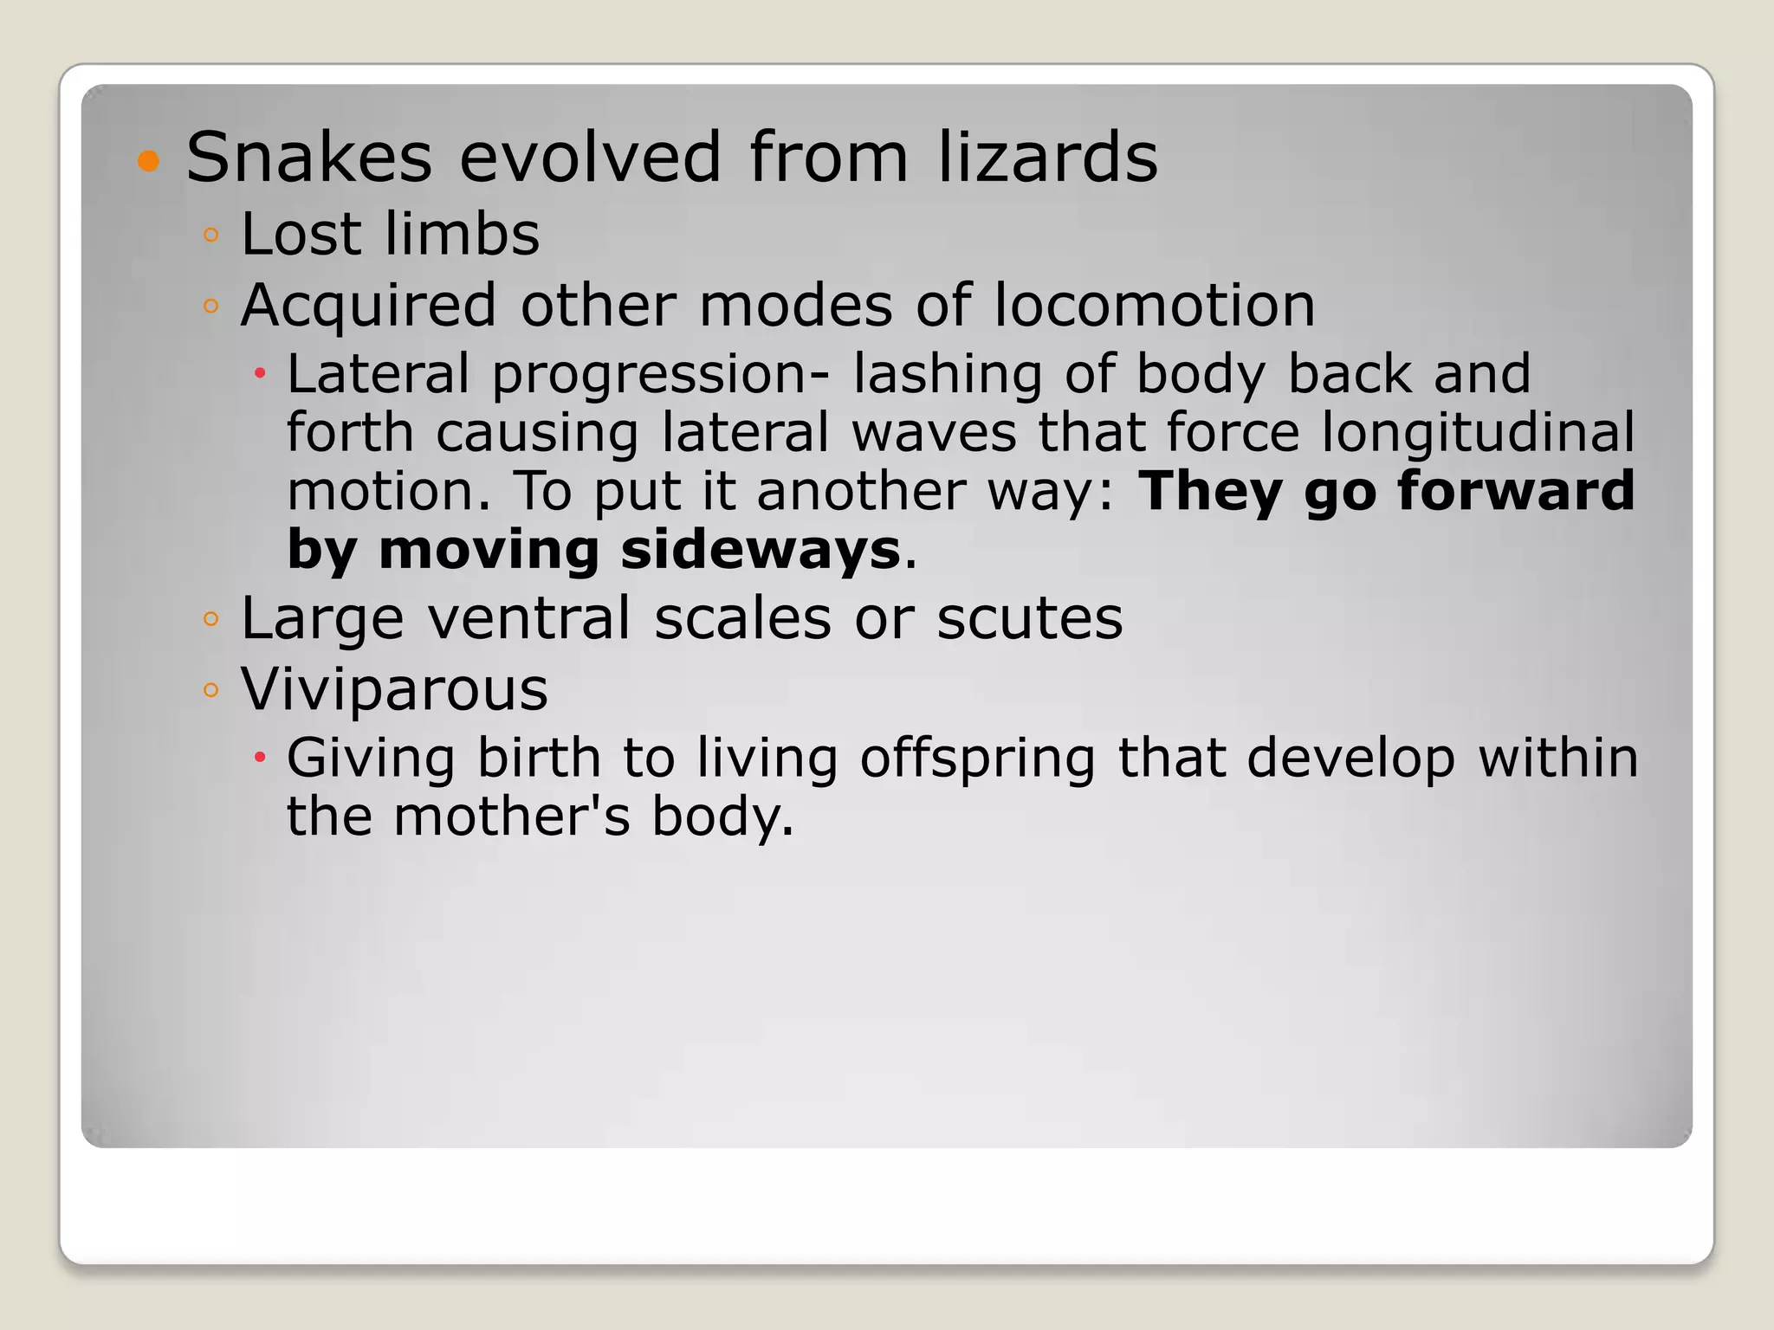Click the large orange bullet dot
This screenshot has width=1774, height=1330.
(149, 161)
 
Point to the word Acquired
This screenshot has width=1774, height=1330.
(368, 307)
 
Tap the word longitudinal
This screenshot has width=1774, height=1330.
(1478, 433)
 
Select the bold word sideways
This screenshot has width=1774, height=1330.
(761, 550)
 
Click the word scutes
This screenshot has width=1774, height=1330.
(1029, 618)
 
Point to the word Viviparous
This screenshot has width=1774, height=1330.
(394, 690)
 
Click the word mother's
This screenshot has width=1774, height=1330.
(511, 817)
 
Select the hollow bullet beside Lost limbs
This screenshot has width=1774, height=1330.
(210, 235)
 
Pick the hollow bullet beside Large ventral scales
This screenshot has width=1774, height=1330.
(210, 619)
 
